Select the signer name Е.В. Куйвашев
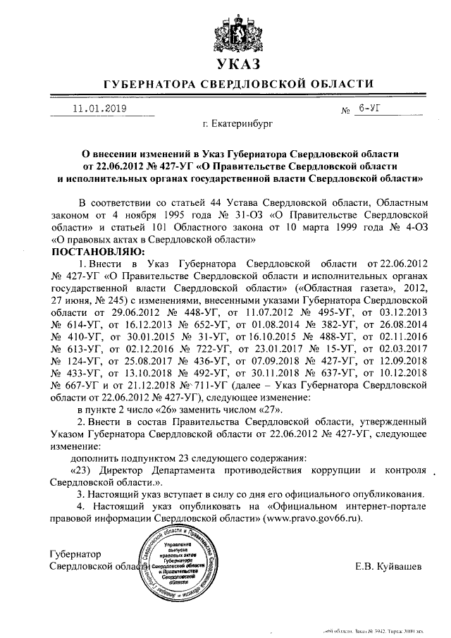tap(389, 565)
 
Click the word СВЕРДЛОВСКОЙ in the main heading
tap(249, 86)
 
